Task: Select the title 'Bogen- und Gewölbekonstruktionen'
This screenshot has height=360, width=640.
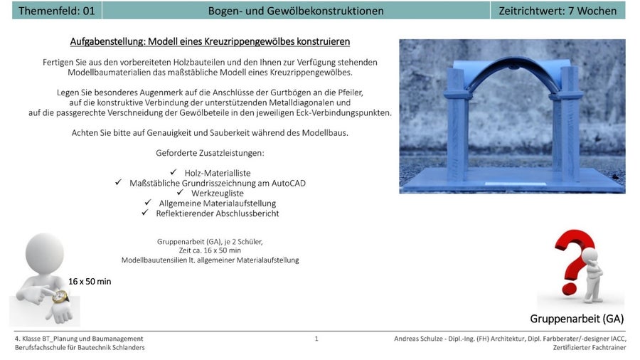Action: click(296, 11)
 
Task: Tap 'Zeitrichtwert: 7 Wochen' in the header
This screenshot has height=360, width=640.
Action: click(558, 11)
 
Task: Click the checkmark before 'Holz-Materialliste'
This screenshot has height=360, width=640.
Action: click(174, 173)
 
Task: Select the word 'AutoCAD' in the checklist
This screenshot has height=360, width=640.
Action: click(287, 183)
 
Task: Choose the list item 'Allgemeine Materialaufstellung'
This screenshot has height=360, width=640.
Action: click(217, 203)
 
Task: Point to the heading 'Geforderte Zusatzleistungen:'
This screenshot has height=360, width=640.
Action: click(210, 153)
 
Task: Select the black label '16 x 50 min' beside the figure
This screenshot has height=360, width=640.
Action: click(90, 282)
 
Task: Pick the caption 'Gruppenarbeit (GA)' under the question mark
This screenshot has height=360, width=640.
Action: click(576, 318)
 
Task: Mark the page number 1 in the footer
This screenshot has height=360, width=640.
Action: click(316, 339)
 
